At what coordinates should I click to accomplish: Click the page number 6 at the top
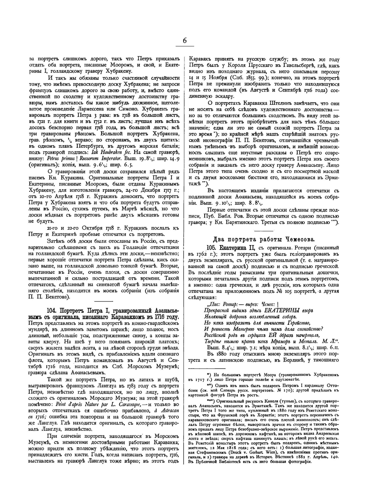point(184,41)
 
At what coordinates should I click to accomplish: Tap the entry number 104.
point(53,309)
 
